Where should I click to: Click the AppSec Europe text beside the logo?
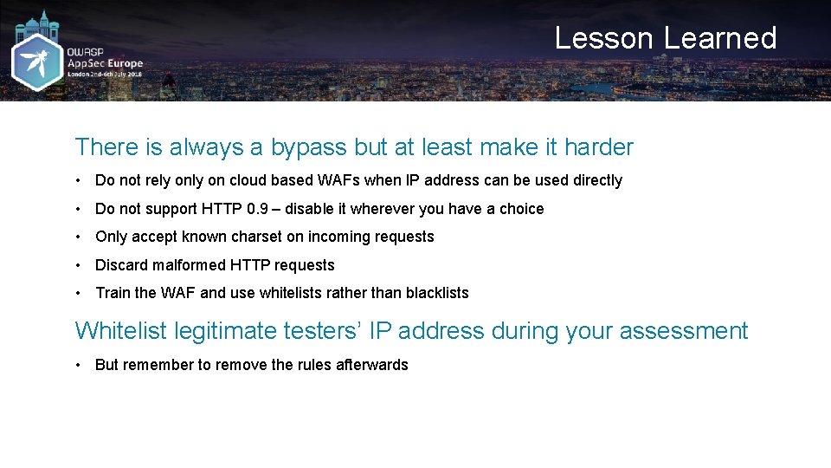coord(105,63)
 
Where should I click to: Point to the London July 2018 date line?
coord(105,75)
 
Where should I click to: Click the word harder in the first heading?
coord(598,147)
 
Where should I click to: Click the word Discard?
coord(121,265)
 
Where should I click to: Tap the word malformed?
coord(189,265)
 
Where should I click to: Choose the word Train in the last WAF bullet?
coord(113,293)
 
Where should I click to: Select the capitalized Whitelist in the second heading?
coord(121,331)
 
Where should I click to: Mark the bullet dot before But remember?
coord(79,365)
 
